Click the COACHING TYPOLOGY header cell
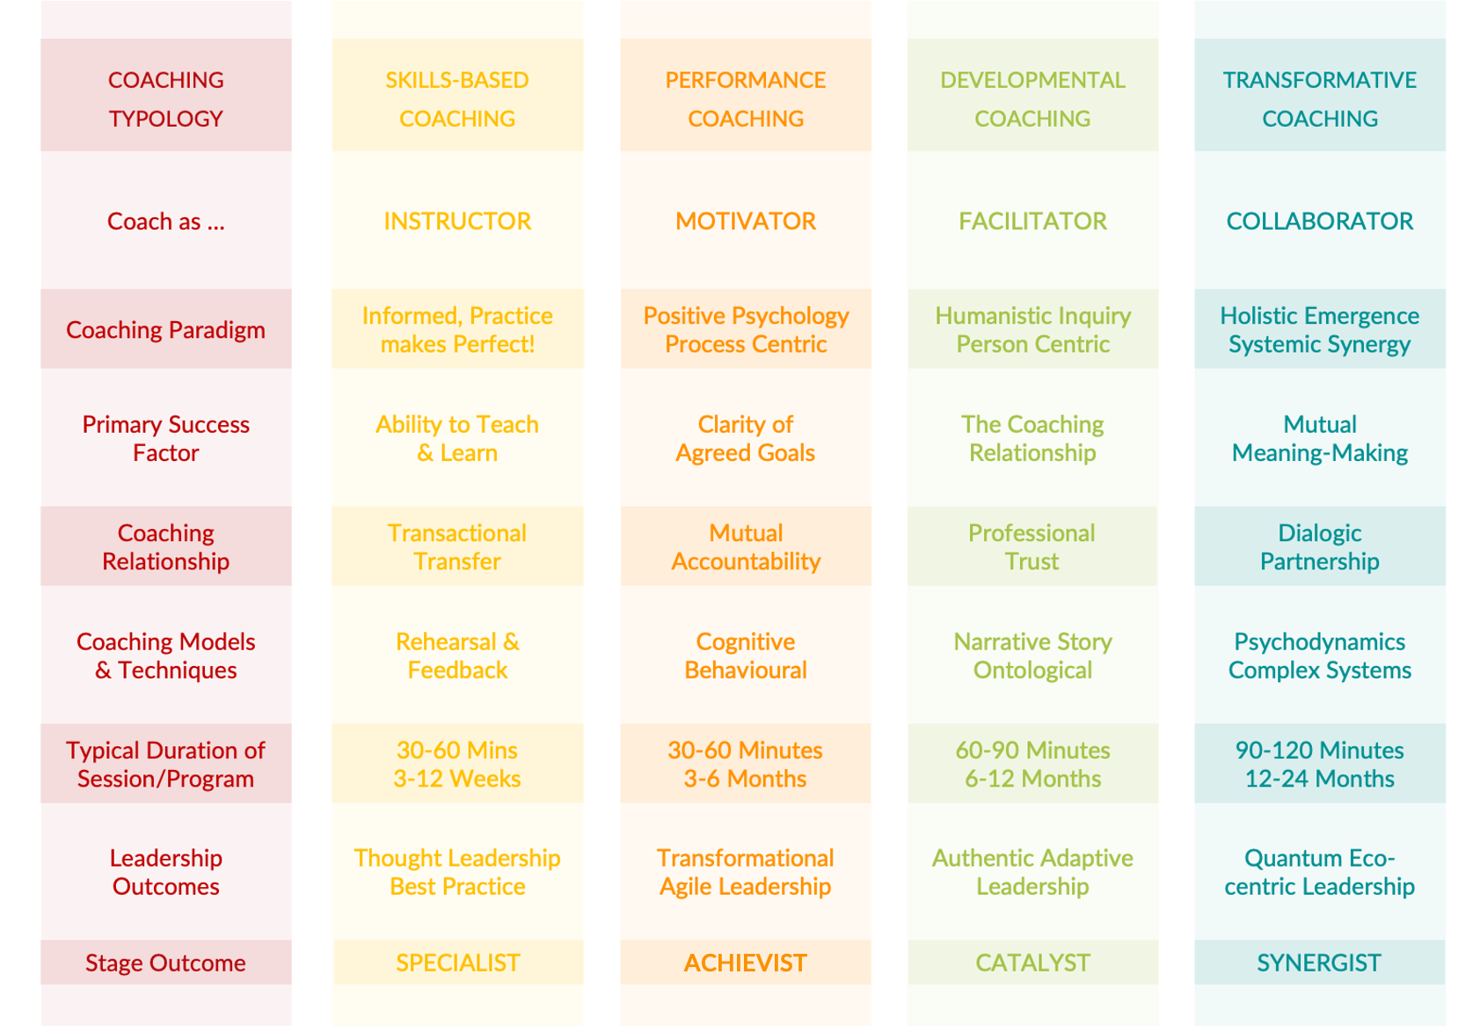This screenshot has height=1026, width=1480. click(x=165, y=99)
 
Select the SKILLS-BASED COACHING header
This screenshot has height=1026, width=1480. click(x=457, y=99)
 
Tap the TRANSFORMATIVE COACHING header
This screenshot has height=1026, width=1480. click(x=1319, y=99)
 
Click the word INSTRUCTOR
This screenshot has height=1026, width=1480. click(x=457, y=221)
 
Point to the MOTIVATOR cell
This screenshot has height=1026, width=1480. click(x=746, y=221)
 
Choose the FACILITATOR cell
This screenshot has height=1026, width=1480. click(x=1032, y=221)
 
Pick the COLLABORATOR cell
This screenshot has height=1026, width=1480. click(x=1319, y=221)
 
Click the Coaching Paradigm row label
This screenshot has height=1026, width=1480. click(x=165, y=330)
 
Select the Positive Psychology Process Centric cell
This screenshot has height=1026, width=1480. click(x=746, y=330)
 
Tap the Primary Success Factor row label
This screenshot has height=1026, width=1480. click(x=165, y=438)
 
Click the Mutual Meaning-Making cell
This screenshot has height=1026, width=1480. click(x=1319, y=438)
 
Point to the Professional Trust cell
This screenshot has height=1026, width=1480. click(x=1032, y=546)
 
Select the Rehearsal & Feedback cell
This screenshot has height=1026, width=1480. click(x=457, y=656)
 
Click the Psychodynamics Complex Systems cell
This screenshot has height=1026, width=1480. click(x=1319, y=656)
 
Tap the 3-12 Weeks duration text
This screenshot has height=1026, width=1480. click(x=457, y=779)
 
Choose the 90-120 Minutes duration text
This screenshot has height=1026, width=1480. click(x=1319, y=750)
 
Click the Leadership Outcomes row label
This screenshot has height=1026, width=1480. click(x=165, y=872)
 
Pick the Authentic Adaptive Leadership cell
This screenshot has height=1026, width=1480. click(x=1032, y=872)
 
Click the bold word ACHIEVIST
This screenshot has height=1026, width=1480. click(x=746, y=963)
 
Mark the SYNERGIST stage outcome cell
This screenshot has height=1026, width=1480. click(x=1319, y=963)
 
